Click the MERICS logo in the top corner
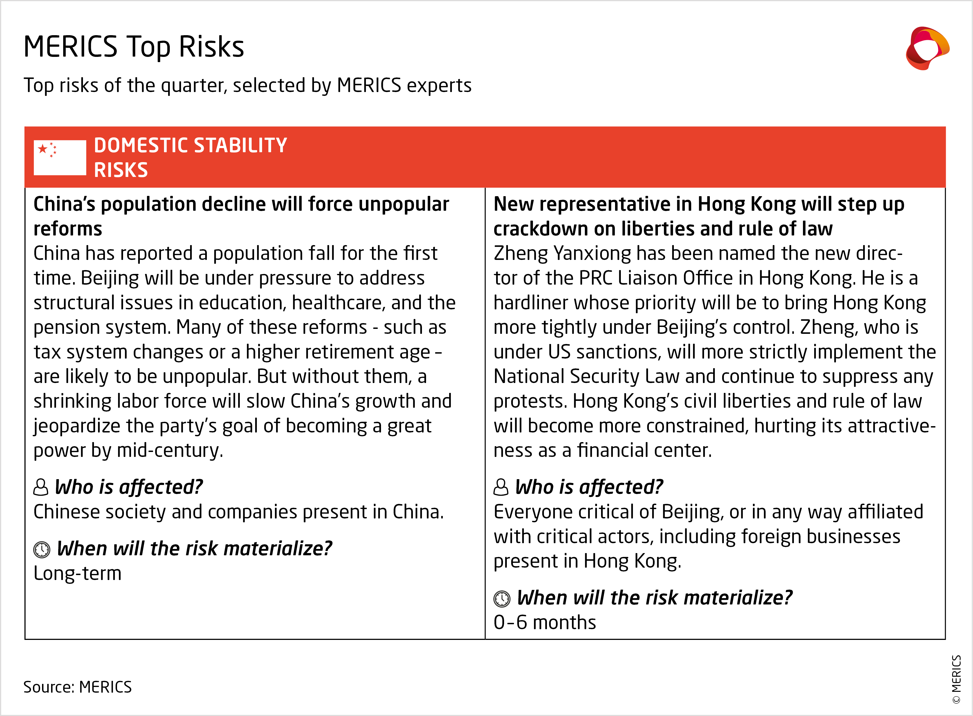coord(927,48)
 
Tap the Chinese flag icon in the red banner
coord(60,157)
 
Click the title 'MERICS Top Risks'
coord(134,47)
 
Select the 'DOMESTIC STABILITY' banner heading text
coord(191,145)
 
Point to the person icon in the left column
coord(41,487)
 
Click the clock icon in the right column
coord(502,599)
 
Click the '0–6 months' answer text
coord(544,622)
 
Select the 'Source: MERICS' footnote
coord(77,687)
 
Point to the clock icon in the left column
coord(41,550)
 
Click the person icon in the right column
coord(501,487)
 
